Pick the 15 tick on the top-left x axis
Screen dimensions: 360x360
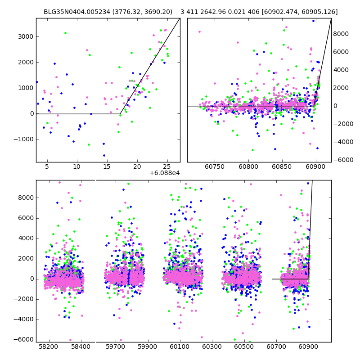[x=107, y=166]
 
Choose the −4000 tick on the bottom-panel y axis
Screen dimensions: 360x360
[x=23, y=319]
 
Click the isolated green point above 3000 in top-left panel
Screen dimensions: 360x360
[x=65, y=33]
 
